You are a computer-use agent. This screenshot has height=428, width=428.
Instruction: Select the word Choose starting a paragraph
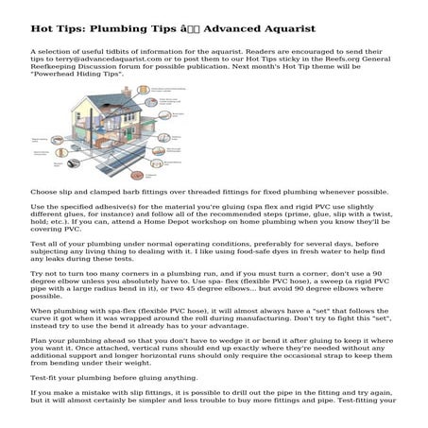point(44,192)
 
